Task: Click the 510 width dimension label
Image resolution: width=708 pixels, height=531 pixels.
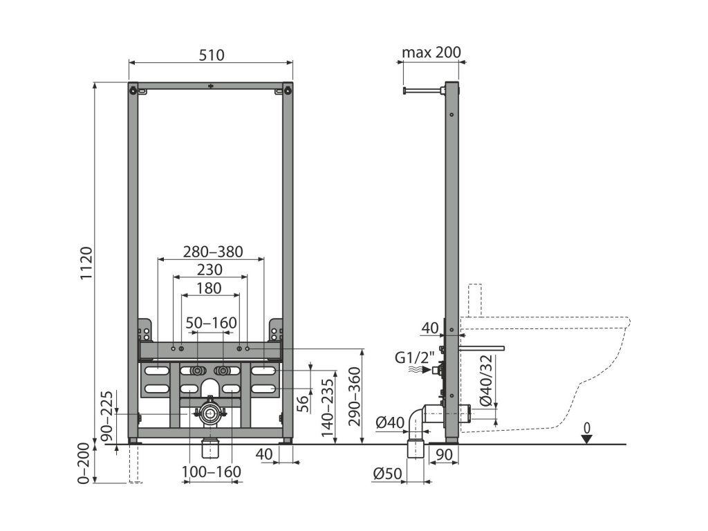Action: pos(212,55)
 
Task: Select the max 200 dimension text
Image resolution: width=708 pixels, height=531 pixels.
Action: pos(431,53)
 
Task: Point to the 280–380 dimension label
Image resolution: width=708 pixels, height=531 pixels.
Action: pos(212,252)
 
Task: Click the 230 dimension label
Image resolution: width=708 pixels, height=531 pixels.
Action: pos(209,270)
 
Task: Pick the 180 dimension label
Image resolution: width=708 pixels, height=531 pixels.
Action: pos(209,288)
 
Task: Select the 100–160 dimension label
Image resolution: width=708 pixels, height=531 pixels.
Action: pos(211,472)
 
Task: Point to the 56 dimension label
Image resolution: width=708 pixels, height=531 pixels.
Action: pos(303,402)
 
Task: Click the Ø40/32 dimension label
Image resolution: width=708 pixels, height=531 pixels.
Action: pos(485,380)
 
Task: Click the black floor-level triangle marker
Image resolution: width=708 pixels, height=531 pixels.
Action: pos(587,439)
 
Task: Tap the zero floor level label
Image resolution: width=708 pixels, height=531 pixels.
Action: pos(587,428)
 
